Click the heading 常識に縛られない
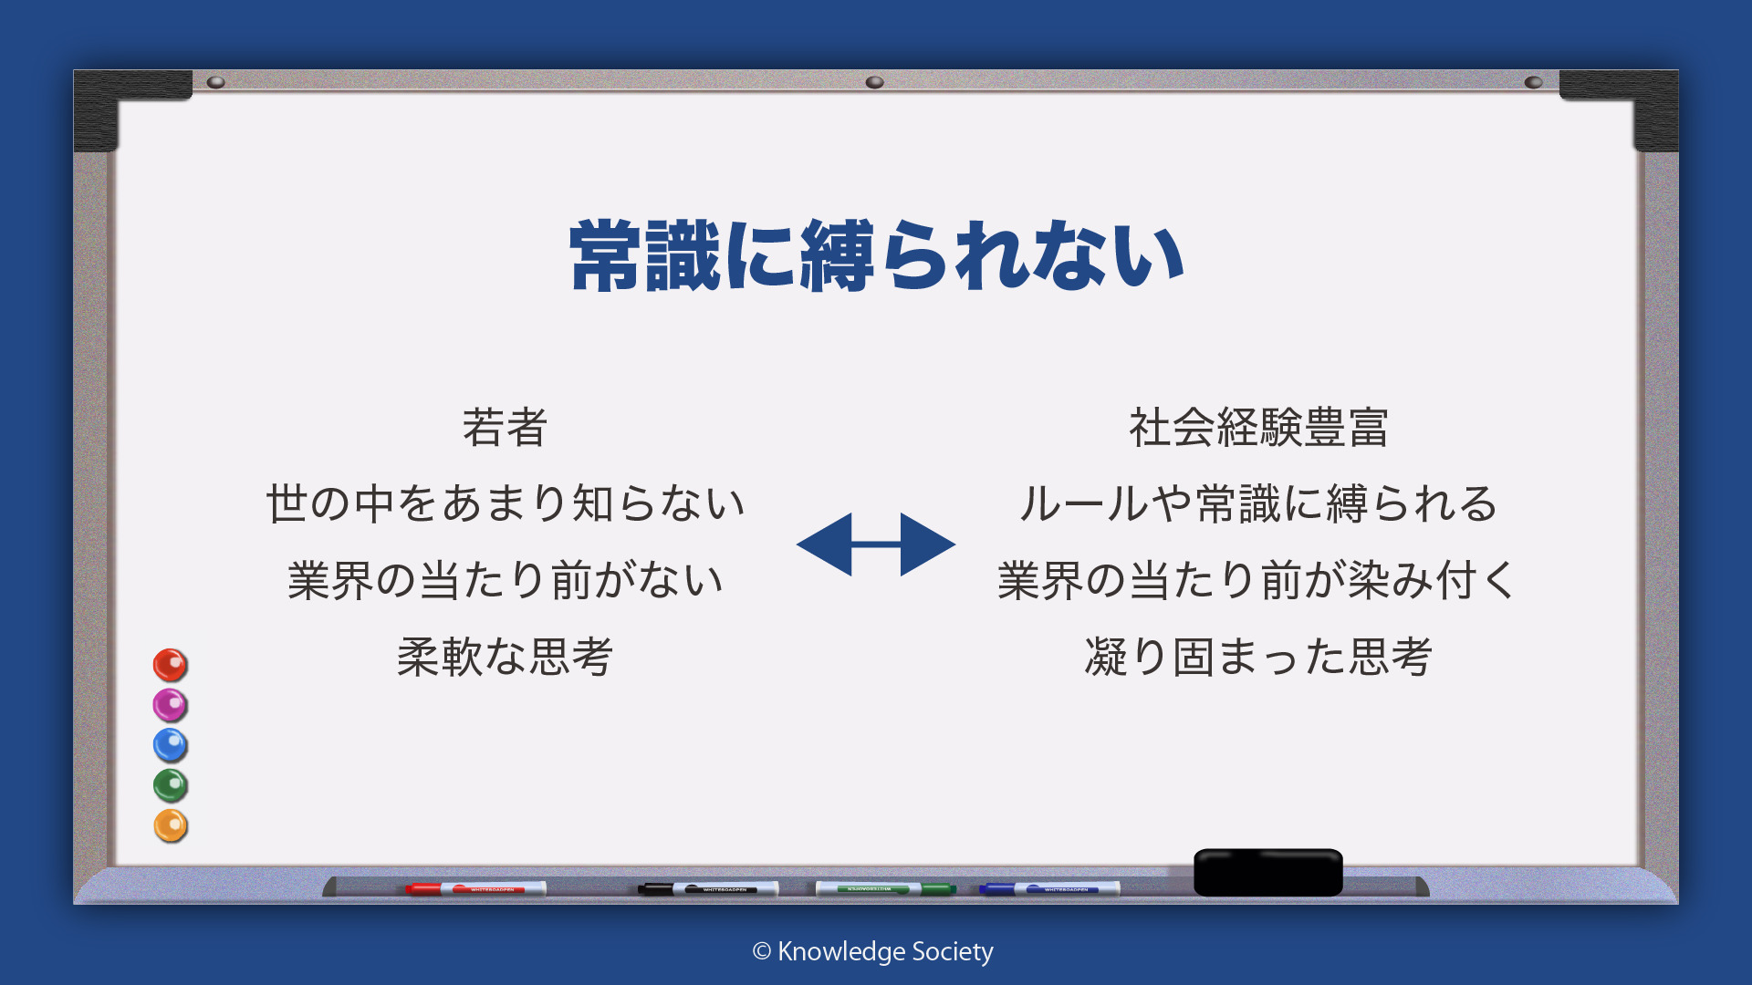coord(877,255)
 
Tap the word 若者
coord(505,427)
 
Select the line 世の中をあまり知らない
coord(506,503)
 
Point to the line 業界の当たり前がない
coord(506,580)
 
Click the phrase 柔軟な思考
coord(505,657)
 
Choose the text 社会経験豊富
coord(1258,427)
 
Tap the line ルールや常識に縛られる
coord(1258,503)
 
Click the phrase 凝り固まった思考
coord(1258,657)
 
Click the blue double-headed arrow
coord(876,544)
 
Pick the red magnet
coord(170,665)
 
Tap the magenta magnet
coord(170,705)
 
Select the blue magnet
coord(170,745)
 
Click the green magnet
coord(170,785)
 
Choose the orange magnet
coord(170,825)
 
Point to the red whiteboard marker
coord(475,888)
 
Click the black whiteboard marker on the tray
coord(708,888)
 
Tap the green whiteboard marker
coord(885,888)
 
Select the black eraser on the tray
coord(1268,872)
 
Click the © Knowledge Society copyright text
coord(873,951)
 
